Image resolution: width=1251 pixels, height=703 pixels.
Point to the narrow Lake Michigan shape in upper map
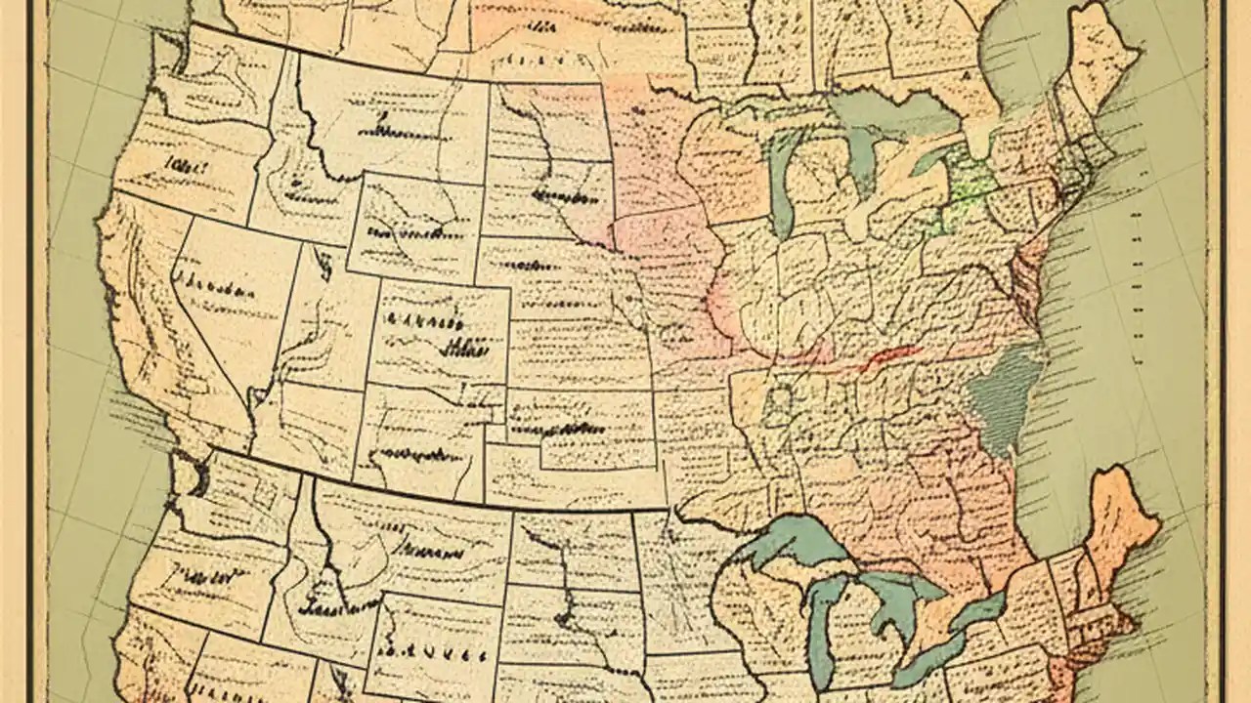click(782, 186)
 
